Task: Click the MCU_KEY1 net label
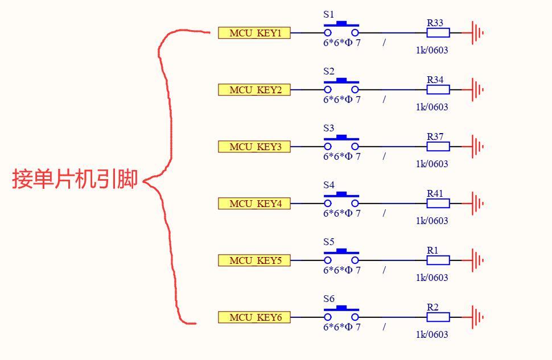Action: click(254, 33)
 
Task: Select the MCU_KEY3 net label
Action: click(254, 147)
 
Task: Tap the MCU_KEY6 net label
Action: click(254, 317)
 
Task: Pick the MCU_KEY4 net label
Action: click(254, 204)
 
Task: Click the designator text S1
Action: click(329, 14)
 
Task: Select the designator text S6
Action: click(329, 299)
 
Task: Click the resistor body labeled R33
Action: click(438, 33)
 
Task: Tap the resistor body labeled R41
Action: click(438, 204)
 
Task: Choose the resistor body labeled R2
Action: click(438, 317)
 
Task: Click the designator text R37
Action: click(435, 136)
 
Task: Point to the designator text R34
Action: click(435, 80)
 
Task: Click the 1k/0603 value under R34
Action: click(432, 107)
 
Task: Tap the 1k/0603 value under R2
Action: click(432, 334)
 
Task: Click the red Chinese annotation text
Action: click(75, 180)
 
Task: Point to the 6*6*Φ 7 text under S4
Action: click(342, 213)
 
